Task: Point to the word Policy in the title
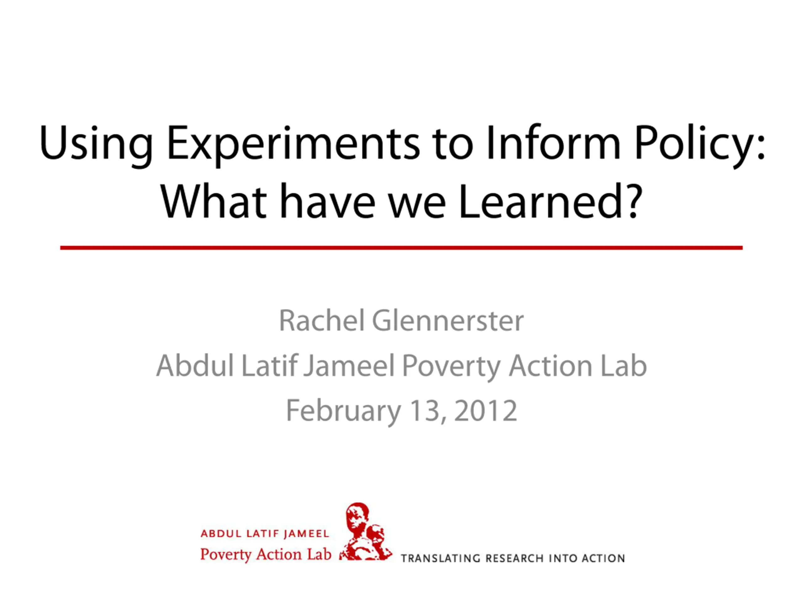click(695, 145)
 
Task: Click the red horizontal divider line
click(401, 248)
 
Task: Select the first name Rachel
click(322, 321)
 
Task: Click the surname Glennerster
click(448, 321)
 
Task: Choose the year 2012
click(485, 410)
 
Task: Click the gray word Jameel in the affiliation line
click(349, 366)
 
